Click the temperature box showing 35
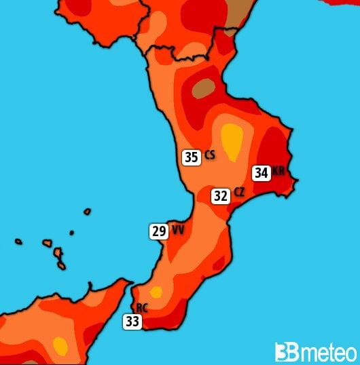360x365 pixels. (x=192, y=157)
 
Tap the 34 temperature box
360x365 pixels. (x=261, y=173)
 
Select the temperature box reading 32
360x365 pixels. (x=220, y=196)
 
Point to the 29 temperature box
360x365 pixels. (x=159, y=231)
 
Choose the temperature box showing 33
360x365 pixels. (x=132, y=322)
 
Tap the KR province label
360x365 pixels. (x=278, y=172)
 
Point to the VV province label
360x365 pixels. (x=177, y=231)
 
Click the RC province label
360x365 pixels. (x=143, y=307)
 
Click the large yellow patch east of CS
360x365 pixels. (x=232, y=141)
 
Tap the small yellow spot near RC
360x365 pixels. (x=156, y=292)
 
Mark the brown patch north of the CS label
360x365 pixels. (x=203, y=88)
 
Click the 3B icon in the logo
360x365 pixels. (x=286, y=351)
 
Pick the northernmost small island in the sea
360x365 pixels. (x=87, y=212)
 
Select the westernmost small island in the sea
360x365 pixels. (x=18, y=241)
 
